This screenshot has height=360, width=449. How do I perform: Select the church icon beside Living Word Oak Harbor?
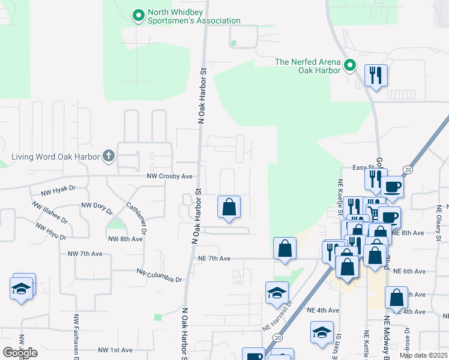tap(109, 157)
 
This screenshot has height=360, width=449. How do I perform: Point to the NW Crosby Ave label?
tap(169, 176)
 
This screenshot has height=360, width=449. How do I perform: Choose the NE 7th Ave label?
tap(214, 258)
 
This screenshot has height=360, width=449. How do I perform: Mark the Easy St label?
tap(363, 167)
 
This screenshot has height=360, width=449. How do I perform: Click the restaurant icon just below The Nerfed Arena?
tap(376, 75)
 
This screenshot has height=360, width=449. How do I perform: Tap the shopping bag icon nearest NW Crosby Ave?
tap(229, 207)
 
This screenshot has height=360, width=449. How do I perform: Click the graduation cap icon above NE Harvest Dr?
tap(277, 293)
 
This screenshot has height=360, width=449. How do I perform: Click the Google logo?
tap(20, 352)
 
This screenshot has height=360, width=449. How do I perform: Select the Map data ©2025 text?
tap(423, 355)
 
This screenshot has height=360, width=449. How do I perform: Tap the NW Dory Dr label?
tap(97, 208)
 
